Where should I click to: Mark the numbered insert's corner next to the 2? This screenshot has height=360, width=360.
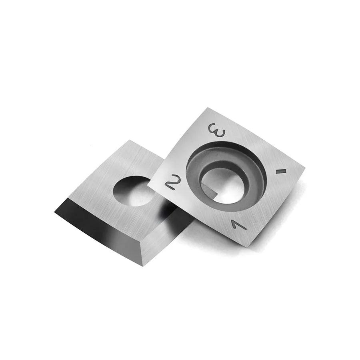click(149, 185)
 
